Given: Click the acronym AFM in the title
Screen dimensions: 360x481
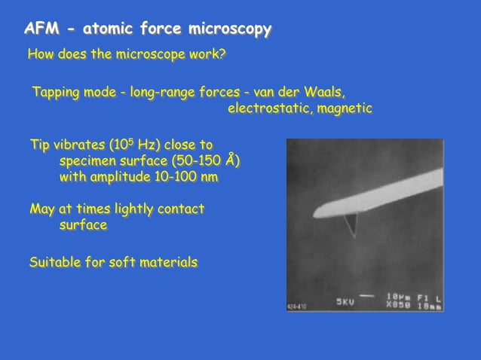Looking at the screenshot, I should pyautogui.click(x=41, y=29).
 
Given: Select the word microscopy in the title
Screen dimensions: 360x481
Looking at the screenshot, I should pyautogui.click(x=229, y=29).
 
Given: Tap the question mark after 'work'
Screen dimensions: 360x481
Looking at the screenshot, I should pyautogui.click(x=223, y=55).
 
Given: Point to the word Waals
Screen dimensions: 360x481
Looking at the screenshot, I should pyautogui.click(x=325, y=93).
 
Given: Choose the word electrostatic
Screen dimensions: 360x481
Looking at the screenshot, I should pyautogui.click(x=263, y=108).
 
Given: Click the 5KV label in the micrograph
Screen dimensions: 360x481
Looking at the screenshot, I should pyautogui.click(x=345, y=303).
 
